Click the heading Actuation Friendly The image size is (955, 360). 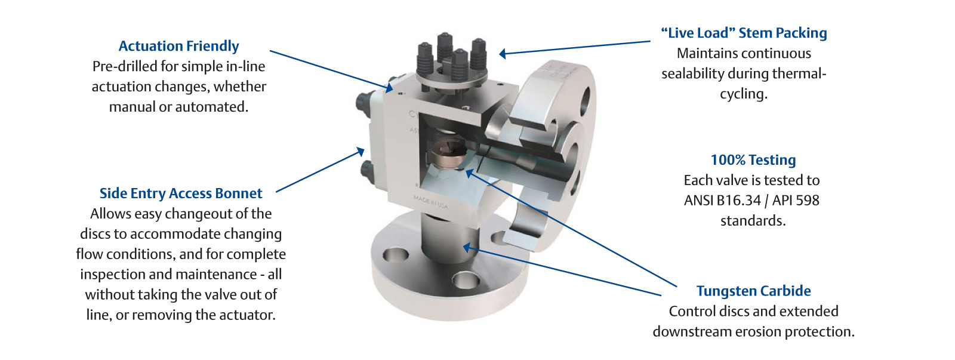tap(178, 46)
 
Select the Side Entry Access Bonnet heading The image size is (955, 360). tap(181, 193)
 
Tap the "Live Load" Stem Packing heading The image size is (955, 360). tap(744, 33)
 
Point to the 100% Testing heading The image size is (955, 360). tap(753, 160)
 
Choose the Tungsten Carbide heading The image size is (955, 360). tap(753, 291)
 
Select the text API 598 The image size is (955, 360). tap(796, 201)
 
